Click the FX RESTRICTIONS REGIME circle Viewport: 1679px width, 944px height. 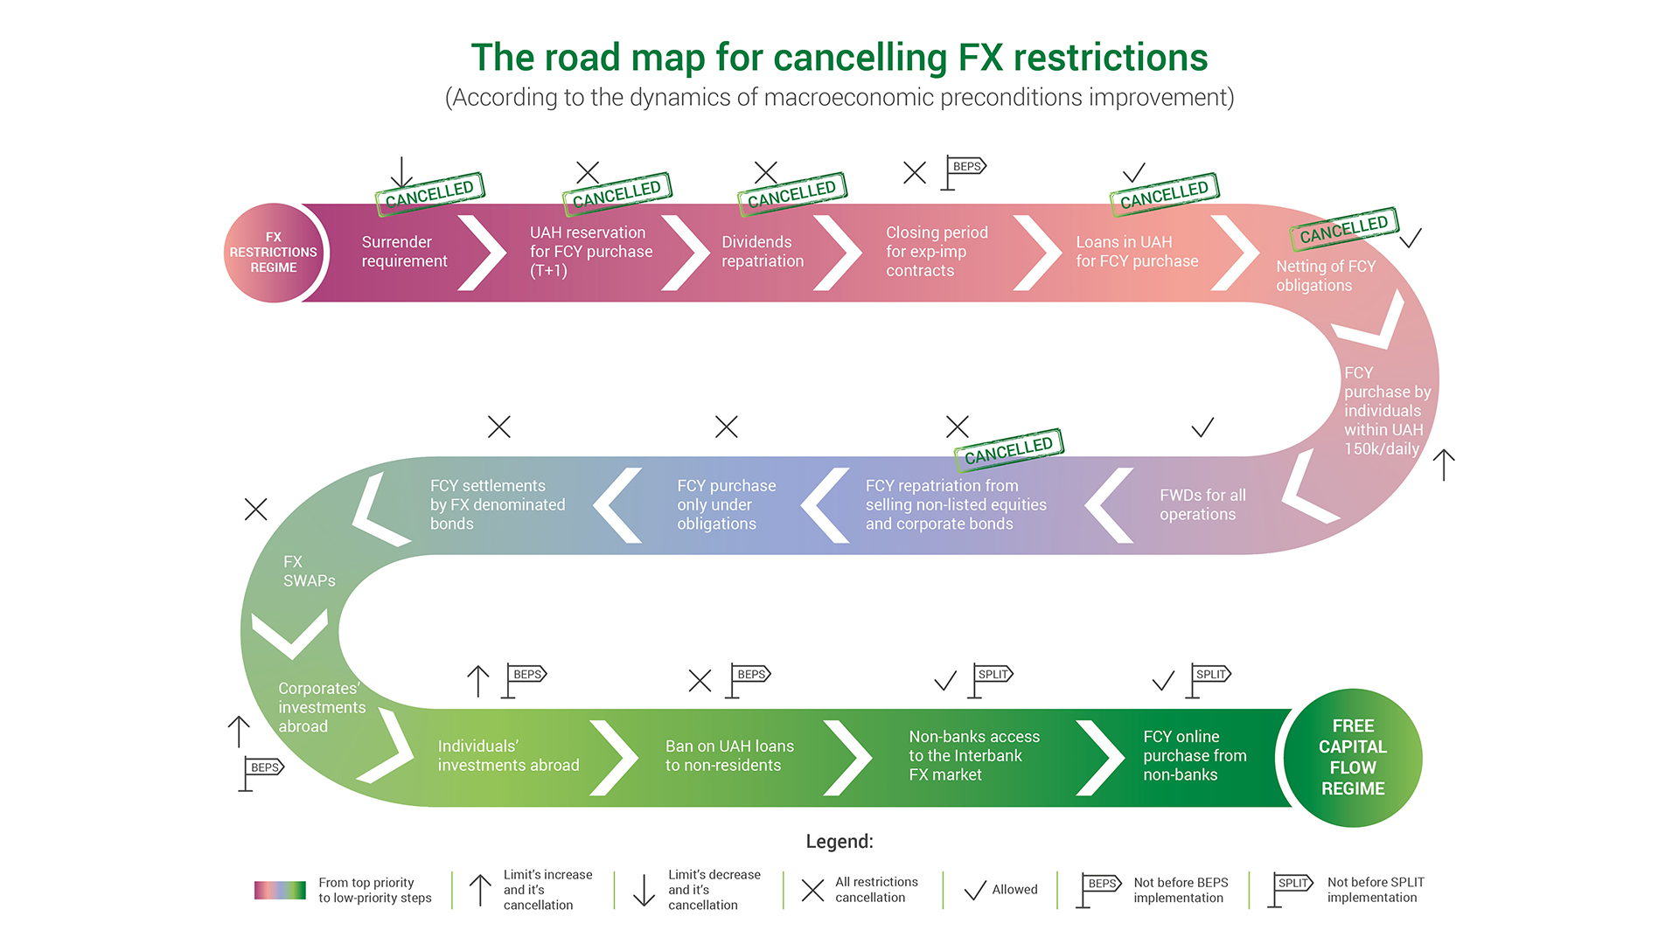coord(274,253)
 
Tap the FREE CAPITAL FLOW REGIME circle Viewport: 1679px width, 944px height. coord(1352,757)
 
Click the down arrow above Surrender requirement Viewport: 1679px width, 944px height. coord(401,172)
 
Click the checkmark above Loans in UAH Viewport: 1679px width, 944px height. coord(1134,171)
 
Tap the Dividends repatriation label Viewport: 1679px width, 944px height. coord(762,252)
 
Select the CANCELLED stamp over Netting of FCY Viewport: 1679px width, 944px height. coord(1344,229)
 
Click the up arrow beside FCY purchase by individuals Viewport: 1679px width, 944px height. coord(1444,464)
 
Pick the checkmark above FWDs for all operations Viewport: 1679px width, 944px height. coord(1202,427)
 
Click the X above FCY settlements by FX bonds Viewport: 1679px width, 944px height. coord(499,427)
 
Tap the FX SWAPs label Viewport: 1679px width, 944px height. coord(309,571)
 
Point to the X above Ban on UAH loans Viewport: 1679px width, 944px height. coord(700,681)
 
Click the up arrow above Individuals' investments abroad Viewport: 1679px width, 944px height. coord(477,681)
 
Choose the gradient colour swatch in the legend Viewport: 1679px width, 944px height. coord(280,890)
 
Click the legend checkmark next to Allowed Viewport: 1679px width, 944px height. coord(975,891)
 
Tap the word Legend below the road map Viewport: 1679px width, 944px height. coord(839,841)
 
